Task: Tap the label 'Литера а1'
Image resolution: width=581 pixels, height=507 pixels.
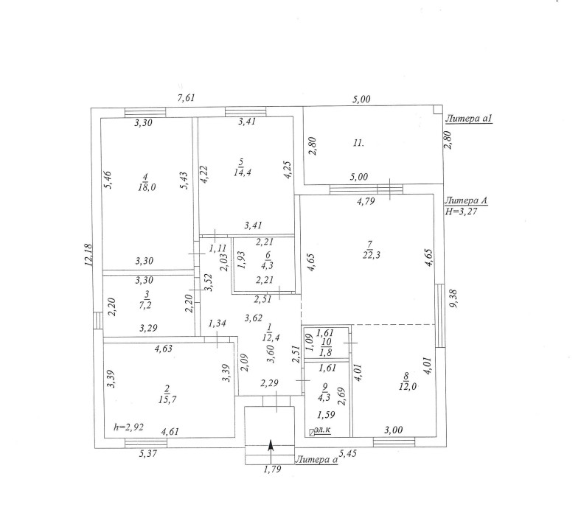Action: click(x=468, y=119)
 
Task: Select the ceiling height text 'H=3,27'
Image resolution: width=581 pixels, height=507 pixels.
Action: click(x=461, y=211)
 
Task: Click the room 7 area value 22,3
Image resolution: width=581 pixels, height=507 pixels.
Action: click(x=372, y=255)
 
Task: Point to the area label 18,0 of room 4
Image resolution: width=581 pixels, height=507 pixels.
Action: click(x=147, y=187)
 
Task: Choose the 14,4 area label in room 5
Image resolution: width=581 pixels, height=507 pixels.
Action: click(x=243, y=172)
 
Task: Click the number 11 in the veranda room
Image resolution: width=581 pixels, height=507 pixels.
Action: click(x=358, y=143)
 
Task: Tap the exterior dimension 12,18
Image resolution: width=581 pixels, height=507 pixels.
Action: click(x=88, y=255)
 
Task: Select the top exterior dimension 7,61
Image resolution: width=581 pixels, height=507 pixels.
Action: click(x=186, y=98)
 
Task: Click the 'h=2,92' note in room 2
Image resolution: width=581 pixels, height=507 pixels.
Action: click(x=128, y=427)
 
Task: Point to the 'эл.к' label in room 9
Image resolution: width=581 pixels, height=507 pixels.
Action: click(x=322, y=430)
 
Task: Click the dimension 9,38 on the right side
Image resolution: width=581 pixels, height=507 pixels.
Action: click(x=453, y=299)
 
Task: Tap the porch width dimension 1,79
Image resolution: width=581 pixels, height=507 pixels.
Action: click(x=272, y=469)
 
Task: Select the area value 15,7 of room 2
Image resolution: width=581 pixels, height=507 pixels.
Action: click(x=167, y=399)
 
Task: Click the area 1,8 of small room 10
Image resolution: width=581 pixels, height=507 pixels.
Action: click(x=325, y=352)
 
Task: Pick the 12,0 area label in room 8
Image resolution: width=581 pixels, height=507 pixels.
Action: click(x=408, y=386)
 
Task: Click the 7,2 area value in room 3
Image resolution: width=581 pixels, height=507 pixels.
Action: click(x=146, y=305)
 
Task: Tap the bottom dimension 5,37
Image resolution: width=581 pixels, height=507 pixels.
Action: click(x=148, y=453)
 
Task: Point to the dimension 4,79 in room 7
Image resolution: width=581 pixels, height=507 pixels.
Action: click(x=366, y=201)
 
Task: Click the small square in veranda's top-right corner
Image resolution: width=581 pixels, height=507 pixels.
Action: click(x=438, y=109)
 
